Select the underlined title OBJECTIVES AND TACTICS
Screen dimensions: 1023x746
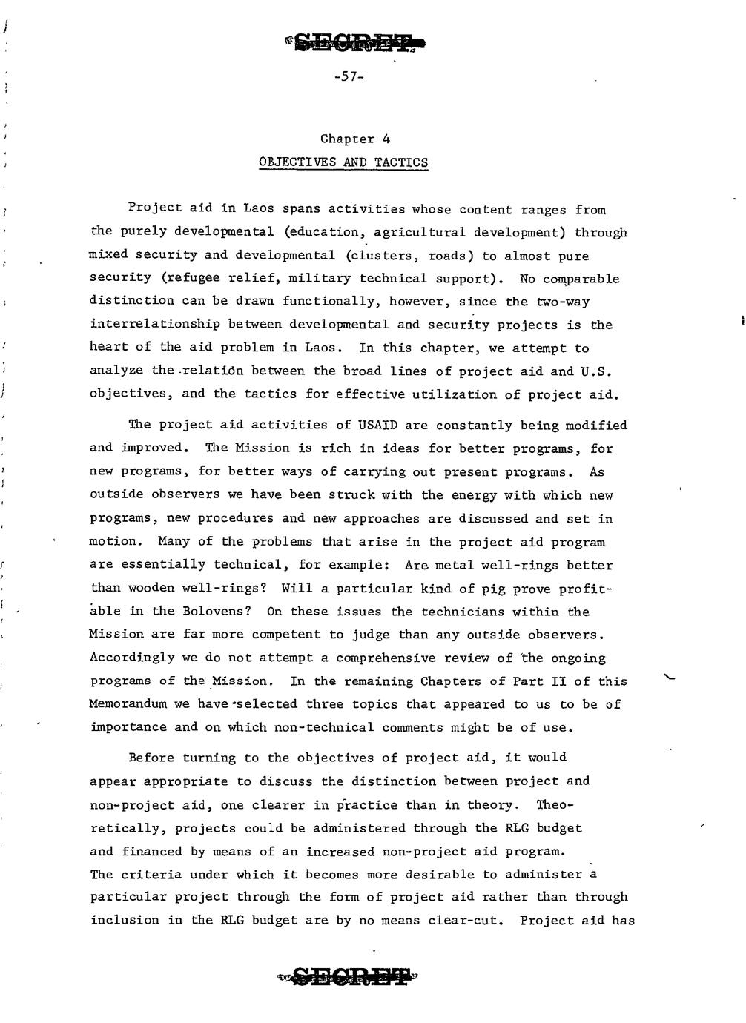click(343, 162)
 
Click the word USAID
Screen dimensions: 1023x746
click(377, 425)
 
